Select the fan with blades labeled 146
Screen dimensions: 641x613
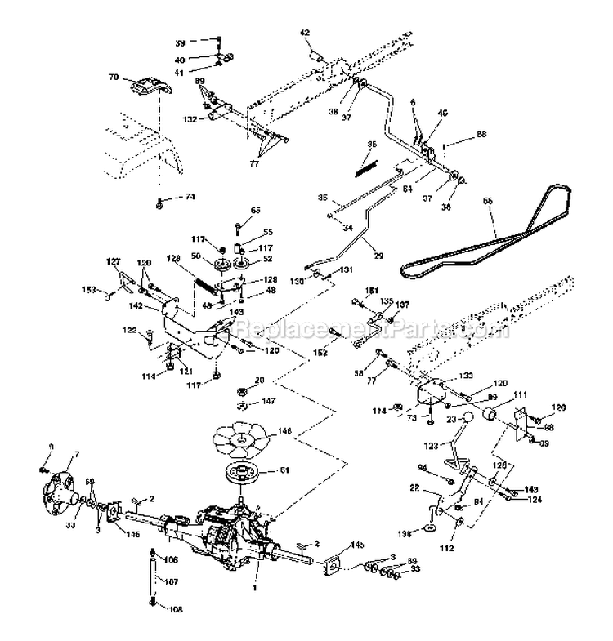click(x=240, y=438)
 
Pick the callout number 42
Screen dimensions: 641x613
click(x=305, y=33)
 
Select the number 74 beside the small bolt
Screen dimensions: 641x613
click(x=190, y=197)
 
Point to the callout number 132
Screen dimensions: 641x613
click(x=190, y=119)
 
